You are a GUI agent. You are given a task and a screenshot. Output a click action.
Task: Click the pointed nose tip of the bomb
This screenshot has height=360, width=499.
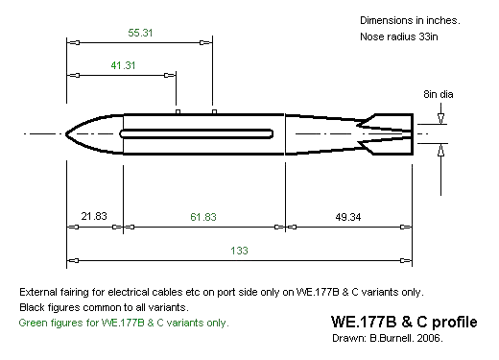point(68,133)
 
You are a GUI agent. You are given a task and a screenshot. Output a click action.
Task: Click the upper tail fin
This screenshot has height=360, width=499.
point(392,121)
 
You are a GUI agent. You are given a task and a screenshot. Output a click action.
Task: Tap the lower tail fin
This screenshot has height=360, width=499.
point(392,146)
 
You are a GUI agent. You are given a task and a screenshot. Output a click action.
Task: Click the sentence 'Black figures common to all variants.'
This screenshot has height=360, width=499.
point(106,307)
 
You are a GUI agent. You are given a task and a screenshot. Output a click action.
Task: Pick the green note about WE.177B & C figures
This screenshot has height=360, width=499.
point(124,323)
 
